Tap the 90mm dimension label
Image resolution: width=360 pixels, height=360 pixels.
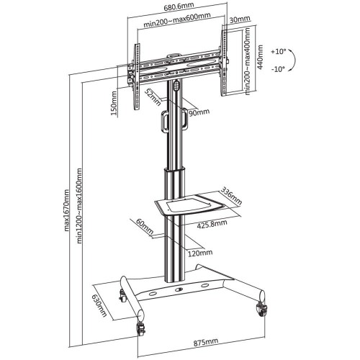[199, 112]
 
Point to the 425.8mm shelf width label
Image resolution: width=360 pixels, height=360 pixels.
[213, 223]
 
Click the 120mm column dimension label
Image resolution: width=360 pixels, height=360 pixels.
[200, 252]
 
